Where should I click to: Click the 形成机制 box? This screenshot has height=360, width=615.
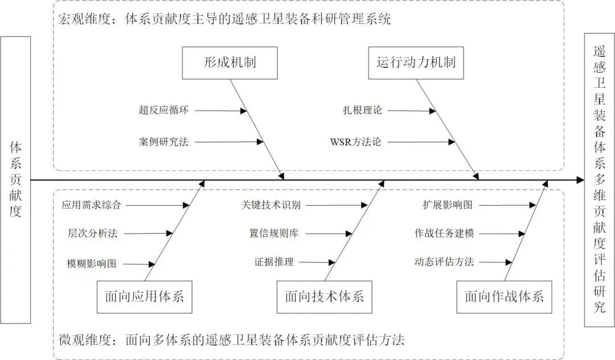229,63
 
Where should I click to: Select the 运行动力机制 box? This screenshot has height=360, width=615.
416,63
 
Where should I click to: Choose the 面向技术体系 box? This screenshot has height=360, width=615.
324,297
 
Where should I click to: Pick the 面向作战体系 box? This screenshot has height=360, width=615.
504,297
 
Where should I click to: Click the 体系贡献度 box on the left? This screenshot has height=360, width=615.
15,180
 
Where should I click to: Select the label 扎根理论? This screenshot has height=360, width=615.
362,111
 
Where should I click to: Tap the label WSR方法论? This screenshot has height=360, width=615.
355,141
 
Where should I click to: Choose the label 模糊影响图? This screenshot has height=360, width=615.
91,263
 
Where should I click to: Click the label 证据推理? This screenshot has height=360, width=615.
274,263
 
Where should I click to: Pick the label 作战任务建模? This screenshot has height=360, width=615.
444,233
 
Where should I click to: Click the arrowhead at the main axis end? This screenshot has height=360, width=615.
580,180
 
